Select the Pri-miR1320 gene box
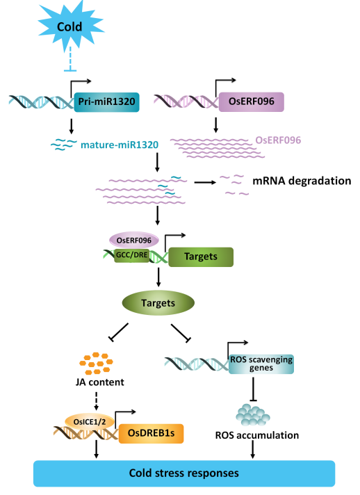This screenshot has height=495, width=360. [x=106, y=102]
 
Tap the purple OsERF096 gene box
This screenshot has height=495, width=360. [x=252, y=102]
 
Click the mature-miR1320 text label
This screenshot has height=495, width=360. [x=120, y=145]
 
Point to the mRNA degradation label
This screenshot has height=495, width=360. [x=302, y=181]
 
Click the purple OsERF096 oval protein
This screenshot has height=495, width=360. [x=134, y=240]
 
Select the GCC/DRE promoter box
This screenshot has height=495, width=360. [x=132, y=254]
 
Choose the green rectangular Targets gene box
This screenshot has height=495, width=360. [x=201, y=257]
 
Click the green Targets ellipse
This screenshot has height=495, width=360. [x=158, y=302]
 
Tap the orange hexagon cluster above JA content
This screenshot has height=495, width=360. [x=96, y=364]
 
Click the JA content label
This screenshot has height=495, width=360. [x=99, y=382]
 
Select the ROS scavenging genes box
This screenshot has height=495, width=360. [x=261, y=364]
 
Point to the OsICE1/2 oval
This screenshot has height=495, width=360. [x=90, y=421]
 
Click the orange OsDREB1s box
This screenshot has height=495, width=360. [x=151, y=433]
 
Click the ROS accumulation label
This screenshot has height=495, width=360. [x=257, y=435]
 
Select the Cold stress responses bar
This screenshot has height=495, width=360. [x=184, y=473]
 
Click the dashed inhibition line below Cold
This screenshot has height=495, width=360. [x=70, y=59]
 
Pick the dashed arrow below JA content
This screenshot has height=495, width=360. [x=97, y=401]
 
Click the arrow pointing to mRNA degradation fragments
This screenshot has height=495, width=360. [x=206, y=182]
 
